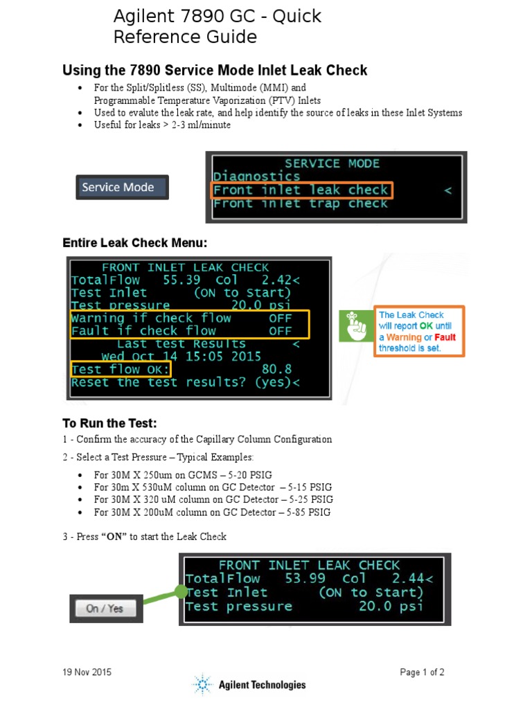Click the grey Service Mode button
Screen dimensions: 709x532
(x=122, y=187)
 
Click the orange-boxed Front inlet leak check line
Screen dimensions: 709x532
(x=301, y=190)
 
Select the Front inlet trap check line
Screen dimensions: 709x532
(x=300, y=204)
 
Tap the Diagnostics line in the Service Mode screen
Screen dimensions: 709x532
(x=256, y=177)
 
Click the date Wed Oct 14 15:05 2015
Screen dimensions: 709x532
(x=181, y=357)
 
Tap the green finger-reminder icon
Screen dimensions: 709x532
(x=356, y=325)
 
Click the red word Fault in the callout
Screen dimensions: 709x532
(x=445, y=337)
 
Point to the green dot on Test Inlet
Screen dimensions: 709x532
(x=181, y=592)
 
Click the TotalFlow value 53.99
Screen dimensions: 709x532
(x=305, y=579)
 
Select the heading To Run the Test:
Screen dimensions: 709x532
(x=109, y=423)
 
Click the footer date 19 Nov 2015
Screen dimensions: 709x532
(x=87, y=672)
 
